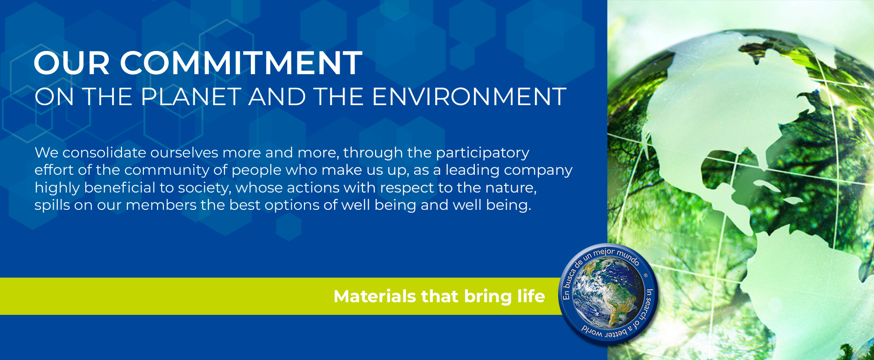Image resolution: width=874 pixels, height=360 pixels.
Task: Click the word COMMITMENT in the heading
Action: point(241,63)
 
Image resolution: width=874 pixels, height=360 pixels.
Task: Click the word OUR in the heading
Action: point(72,63)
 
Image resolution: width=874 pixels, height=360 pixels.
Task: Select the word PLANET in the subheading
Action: point(191,97)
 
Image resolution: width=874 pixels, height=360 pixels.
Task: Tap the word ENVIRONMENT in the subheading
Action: point(469,97)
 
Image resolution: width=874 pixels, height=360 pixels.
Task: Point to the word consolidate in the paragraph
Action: point(104,152)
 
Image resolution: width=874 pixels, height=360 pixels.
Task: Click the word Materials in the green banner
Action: point(375,296)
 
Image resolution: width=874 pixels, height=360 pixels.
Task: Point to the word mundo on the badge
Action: point(628,257)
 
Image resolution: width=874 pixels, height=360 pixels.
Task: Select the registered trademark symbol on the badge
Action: point(645,275)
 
